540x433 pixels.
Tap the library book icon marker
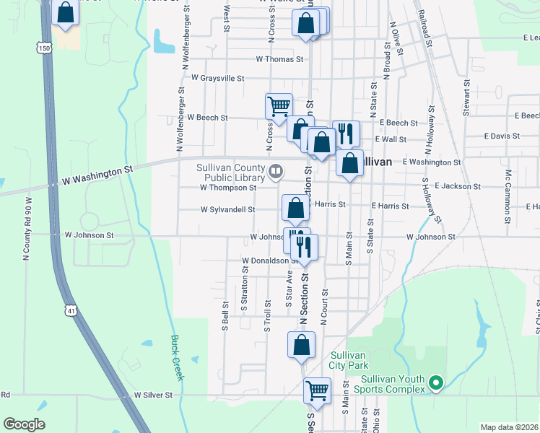coord(275,172)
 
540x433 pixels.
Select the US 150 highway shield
coord(45,48)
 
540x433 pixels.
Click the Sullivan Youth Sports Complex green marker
coord(435,383)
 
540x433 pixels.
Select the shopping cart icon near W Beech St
coord(279,106)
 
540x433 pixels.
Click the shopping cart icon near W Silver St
coord(317,390)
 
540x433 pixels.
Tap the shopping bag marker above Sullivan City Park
coord(302,345)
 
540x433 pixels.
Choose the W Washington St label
coord(98,172)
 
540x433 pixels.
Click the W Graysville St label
coord(217,78)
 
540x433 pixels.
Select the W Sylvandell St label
coord(227,210)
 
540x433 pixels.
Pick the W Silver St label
coord(153,395)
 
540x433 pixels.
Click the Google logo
coord(24,424)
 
